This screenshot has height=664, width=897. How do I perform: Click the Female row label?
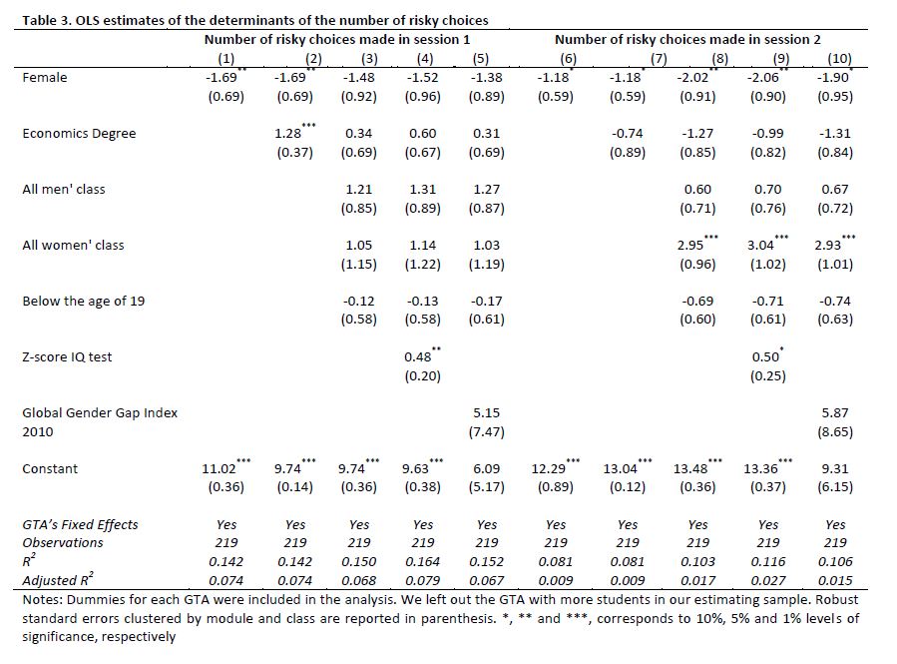pyautogui.click(x=44, y=77)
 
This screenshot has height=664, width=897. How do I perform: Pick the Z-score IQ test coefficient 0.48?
pyautogui.click(x=418, y=356)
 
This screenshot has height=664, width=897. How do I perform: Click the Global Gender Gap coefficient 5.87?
pyautogui.click(x=835, y=412)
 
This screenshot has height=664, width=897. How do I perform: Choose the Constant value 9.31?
pyautogui.click(x=835, y=468)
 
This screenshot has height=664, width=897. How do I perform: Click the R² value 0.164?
pyautogui.click(x=423, y=562)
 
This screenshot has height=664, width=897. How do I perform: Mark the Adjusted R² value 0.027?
pyautogui.click(x=767, y=580)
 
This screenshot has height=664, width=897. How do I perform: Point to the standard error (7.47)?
pyautogui.click(x=486, y=432)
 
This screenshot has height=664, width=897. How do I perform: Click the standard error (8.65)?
pyautogui.click(x=835, y=432)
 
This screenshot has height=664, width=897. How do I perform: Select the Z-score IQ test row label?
pyautogui.click(x=67, y=356)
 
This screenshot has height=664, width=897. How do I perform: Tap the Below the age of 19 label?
pyautogui.click(x=83, y=301)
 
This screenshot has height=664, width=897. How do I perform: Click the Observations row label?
pyautogui.click(x=62, y=543)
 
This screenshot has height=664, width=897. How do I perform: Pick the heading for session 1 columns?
pyautogui.click(x=337, y=39)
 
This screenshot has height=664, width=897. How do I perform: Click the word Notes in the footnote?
pyautogui.click(x=41, y=600)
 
